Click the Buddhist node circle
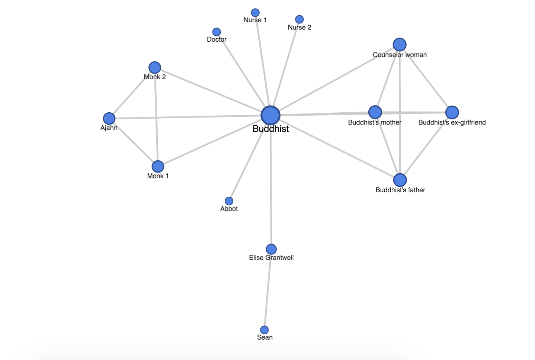tap(270, 115)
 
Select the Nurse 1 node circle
tap(255, 13)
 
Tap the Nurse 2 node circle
tap(299, 19)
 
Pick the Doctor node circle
tap(217, 32)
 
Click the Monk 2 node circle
tap(155, 68)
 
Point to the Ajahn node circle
tap(109, 119)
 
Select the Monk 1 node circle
tap(158, 166)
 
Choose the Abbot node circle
tap(229, 201)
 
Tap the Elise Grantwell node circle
tap(271, 249)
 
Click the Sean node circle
tap(265, 330)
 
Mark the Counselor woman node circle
tap(400, 45)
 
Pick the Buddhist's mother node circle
tap(375, 112)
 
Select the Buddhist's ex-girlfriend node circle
tap(452, 112)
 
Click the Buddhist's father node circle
tap(400, 180)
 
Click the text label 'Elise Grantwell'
tap(271, 258)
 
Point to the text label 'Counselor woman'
tap(400, 55)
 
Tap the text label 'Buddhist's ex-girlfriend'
tap(452, 122)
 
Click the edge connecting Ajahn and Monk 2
tap(132, 93)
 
